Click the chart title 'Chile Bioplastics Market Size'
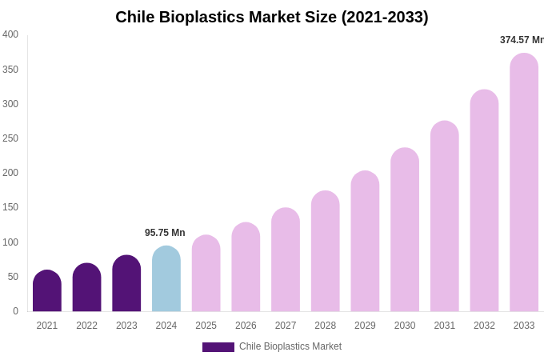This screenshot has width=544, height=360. [272, 17]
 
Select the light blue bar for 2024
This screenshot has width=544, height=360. [166, 279]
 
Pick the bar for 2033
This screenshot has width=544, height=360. [524, 183]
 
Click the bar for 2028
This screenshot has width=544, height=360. [326, 251]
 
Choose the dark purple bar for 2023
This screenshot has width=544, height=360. [126, 284]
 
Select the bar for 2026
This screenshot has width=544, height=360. [246, 267]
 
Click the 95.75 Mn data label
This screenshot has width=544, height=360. [165, 233]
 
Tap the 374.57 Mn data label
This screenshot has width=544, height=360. [522, 40]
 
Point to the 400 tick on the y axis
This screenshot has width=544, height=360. [10, 34]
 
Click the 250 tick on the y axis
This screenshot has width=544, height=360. [10, 138]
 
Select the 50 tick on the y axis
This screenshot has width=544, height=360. [13, 277]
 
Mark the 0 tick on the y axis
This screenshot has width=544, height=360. [15, 311]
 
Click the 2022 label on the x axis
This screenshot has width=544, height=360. [87, 326]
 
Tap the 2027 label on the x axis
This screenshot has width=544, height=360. [286, 326]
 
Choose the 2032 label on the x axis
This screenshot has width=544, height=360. [484, 326]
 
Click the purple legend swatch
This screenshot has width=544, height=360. [218, 347]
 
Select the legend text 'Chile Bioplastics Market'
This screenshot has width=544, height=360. [290, 346]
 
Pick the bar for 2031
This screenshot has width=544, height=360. [445, 217]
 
